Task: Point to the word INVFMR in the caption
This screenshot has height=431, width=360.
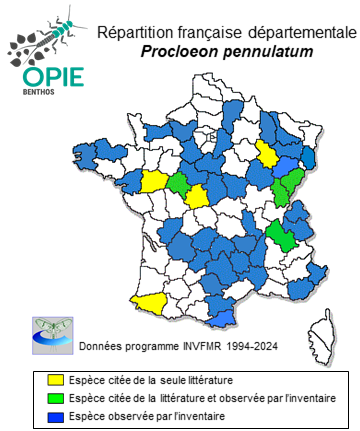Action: coord(190,346)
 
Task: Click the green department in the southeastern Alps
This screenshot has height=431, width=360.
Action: coord(282,235)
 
